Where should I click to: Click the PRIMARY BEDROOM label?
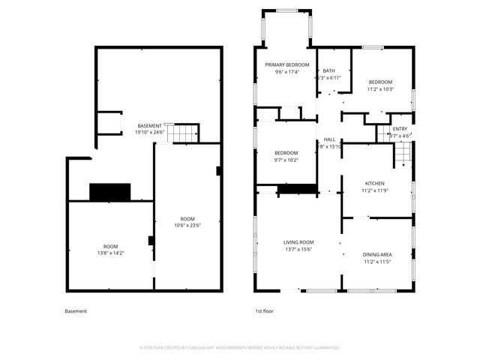[x=286, y=65]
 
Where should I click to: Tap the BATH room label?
[x=328, y=70]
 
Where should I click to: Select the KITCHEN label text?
[x=375, y=183]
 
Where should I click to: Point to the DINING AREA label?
[x=376, y=255]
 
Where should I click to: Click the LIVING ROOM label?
[x=298, y=242]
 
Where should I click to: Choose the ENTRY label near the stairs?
[x=400, y=129]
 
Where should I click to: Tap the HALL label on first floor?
[x=329, y=139]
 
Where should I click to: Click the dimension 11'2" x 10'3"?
[x=379, y=89]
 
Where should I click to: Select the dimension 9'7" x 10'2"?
[x=286, y=160]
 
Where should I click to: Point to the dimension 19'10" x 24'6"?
[x=149, y=132]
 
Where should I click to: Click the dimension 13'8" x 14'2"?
[x=110, y=253]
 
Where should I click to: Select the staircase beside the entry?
[x=403, y=156]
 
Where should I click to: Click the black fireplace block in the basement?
[x=110, y=192]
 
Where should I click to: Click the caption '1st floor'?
[x=265, y=311]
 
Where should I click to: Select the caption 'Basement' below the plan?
[x=76, y=311]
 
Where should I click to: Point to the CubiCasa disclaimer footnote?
[x=240, y=347]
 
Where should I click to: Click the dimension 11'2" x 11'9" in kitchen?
[x=375, y=190]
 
